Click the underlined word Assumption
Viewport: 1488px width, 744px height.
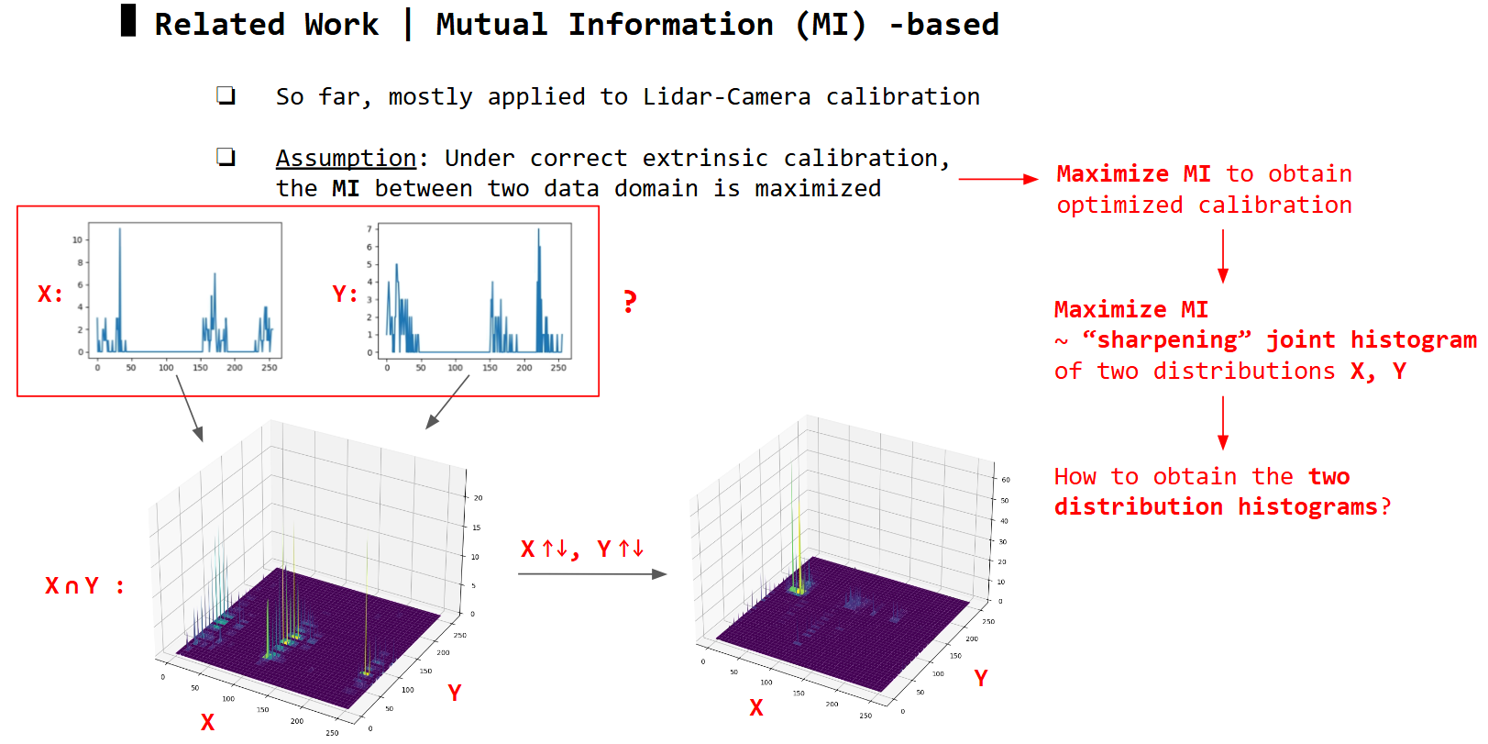click(x=346, y=158)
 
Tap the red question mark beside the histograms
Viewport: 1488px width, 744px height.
click(x=630, y=302)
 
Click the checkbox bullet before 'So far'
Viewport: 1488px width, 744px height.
click(x=226, y=95)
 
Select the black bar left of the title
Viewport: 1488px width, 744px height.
click(x=128, y=20)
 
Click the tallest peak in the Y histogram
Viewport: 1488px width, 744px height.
click(x=538, y=230)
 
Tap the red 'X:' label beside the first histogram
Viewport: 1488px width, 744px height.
click(x=50, y=294)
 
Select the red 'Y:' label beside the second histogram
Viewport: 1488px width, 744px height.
click(x=345, y=294)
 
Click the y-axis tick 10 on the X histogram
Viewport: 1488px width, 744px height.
click(x=78, y=240)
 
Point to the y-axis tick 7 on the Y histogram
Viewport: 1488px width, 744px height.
click(x=369, y=228)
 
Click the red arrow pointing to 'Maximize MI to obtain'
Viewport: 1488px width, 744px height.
click(x=998, y=179)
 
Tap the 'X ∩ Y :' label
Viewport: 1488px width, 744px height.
click(x=84, y=586)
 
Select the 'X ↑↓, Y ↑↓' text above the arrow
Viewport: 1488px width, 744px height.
click(x=582, y=550)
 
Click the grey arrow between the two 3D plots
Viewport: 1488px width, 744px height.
click(x=592, y=573)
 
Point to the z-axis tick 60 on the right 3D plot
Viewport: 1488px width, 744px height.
click(x=1006, y=480)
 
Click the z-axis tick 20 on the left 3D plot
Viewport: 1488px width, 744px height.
click(x=478, y=498)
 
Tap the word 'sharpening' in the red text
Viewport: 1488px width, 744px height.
click(x=1166, y=340)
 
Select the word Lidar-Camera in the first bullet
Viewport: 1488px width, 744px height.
click(x=727, y=97)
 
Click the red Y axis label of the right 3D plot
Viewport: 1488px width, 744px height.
click(x=980, y=678)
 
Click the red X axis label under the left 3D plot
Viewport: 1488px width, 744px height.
click(x=208, y=722)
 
